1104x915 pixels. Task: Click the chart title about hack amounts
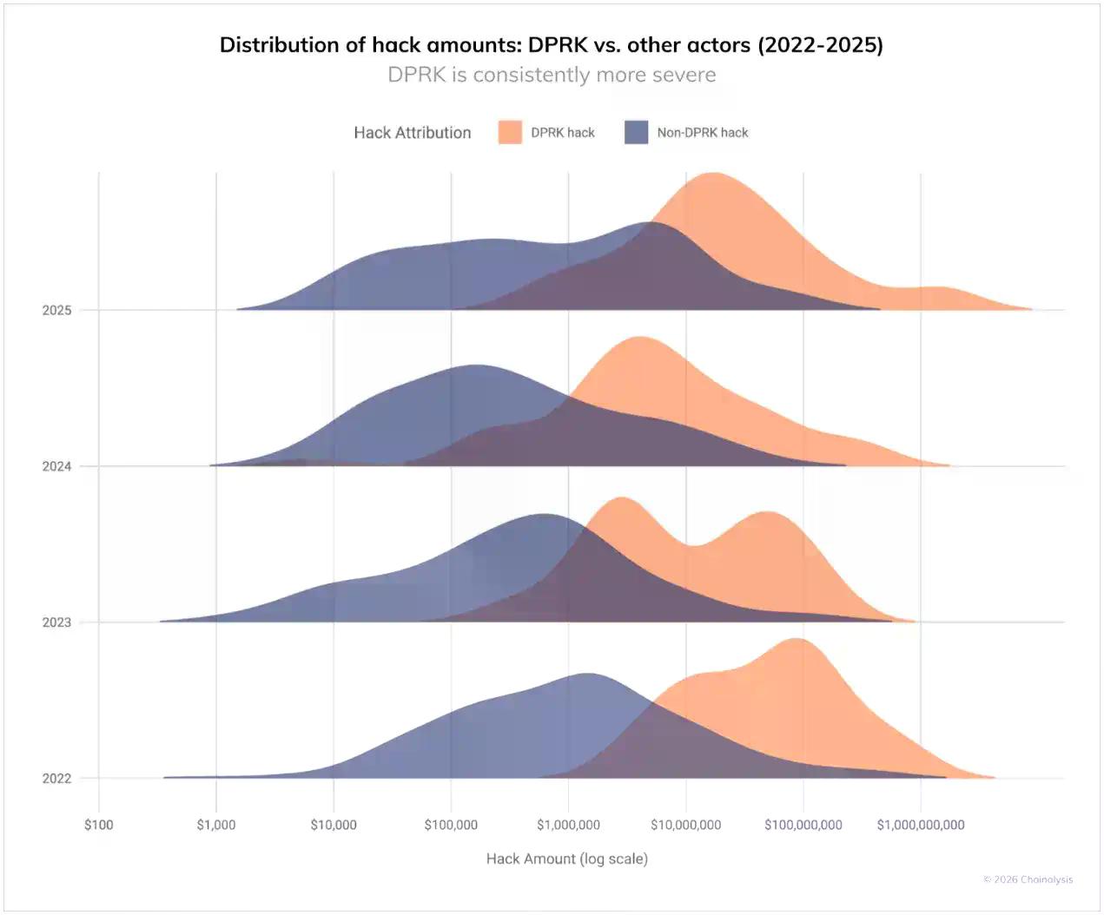tap(552, 45)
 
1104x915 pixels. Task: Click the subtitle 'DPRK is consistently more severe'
tap(552, 75)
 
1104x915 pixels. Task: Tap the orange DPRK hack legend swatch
tap(510, 133)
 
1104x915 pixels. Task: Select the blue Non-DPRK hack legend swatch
tap(636, 133)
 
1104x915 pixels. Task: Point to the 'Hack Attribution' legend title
tap(413, 133)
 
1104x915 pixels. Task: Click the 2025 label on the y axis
tap(56, 310)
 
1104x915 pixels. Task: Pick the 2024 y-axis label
tap(56, 466)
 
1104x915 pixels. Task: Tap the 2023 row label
tap(56, 622)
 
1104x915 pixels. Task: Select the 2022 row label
tap(56, 779)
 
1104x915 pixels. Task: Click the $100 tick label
tap(99, 825)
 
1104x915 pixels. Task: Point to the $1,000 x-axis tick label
tap(216, 825)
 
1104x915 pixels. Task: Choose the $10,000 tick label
tap(334, 825)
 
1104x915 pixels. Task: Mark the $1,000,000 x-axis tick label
tap(569, 825)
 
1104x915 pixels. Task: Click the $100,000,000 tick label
tap(803, 825)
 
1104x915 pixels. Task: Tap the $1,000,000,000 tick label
tap(921, 825)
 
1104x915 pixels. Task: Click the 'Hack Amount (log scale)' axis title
tap(567, 859)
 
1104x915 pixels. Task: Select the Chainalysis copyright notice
tap(1028, 879)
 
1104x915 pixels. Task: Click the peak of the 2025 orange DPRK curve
tap(712, 174)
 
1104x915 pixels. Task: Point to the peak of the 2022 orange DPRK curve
tap(795, 641)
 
